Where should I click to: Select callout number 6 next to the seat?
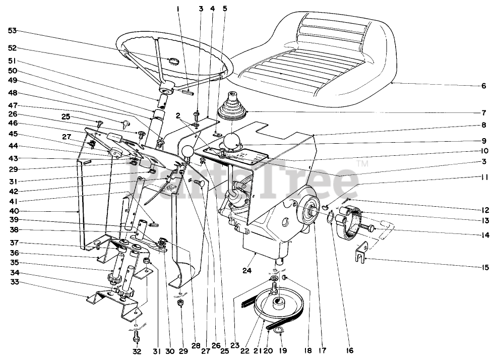point(483,86)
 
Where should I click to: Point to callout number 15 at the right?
point(485,268)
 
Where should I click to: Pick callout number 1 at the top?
point(178,9)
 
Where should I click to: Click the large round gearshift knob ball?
point(233,141)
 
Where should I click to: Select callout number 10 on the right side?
point(483,151)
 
